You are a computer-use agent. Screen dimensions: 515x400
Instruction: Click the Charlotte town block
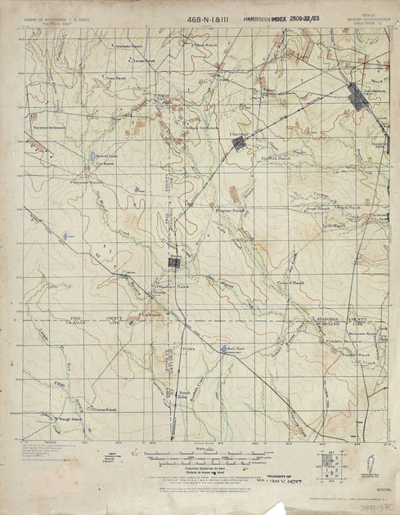tap(238, 144)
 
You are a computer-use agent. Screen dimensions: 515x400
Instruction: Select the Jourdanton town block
tap(357, 96)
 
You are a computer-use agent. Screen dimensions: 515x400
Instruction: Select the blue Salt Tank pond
tap(224, 350)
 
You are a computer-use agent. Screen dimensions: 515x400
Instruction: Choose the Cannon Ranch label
tap(106, 409)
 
